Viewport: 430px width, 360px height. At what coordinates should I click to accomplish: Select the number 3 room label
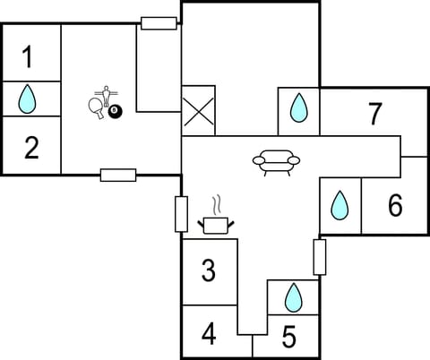(x=208, y=270)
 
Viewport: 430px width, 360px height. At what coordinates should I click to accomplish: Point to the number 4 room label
(x=209, y=335)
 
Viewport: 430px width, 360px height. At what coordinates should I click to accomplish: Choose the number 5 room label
(x=288, y=338)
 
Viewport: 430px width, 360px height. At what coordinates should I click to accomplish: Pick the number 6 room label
(x=395, y=206)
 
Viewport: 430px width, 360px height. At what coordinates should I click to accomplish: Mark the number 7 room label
(x=375, y=114)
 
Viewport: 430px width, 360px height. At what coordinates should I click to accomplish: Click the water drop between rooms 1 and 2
(x=29, y=99)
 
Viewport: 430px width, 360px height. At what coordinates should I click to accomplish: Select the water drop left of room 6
(x=340, y=206)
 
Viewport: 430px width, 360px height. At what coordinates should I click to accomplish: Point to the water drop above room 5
(x=293, y=296)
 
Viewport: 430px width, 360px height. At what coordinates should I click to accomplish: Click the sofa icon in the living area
(x=276, y=162)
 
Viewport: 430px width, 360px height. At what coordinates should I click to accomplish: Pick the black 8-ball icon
(x=115, y=111)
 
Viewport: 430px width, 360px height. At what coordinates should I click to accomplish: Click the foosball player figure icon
(x=107, y=93)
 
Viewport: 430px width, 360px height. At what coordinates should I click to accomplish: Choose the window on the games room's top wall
(x=159, y=23)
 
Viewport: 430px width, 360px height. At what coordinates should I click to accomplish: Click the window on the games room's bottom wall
(x=118, y=175)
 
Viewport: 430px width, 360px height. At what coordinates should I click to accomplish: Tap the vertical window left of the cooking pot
(x=181, y=215)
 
